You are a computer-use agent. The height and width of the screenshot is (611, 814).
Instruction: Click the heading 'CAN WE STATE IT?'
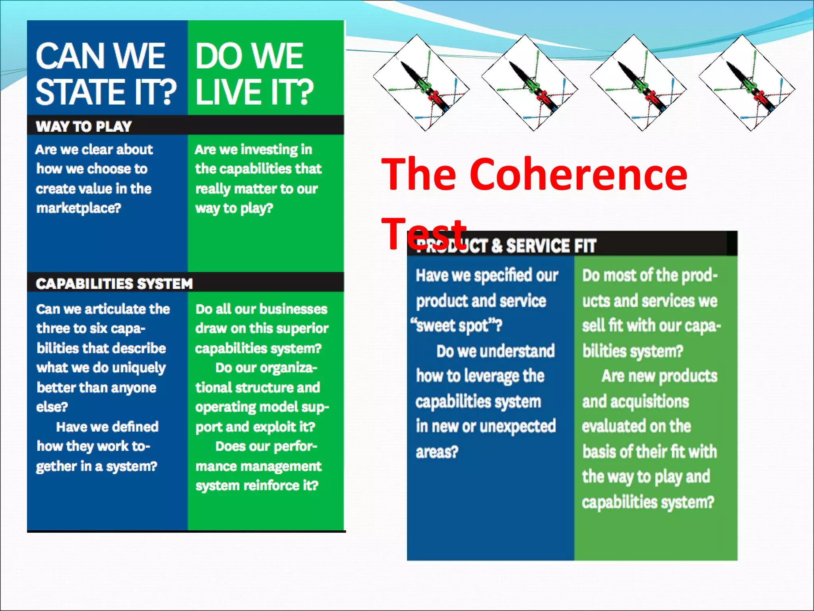tap(106, 73)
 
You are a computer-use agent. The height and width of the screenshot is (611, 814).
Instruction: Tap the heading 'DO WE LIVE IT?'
tap(254, 74)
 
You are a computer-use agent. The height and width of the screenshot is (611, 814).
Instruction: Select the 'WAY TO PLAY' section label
tap(83, 126)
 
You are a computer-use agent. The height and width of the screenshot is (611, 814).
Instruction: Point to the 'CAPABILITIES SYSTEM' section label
tap(114, 284)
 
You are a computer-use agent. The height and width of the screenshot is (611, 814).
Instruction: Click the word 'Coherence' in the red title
tap(578, 175)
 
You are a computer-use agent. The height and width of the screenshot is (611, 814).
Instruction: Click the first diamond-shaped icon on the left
tap(421, 83)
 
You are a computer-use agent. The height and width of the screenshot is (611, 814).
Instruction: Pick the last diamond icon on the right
tap(747, 83)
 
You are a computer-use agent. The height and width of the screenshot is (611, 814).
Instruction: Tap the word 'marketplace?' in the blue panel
tap(79, 208)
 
